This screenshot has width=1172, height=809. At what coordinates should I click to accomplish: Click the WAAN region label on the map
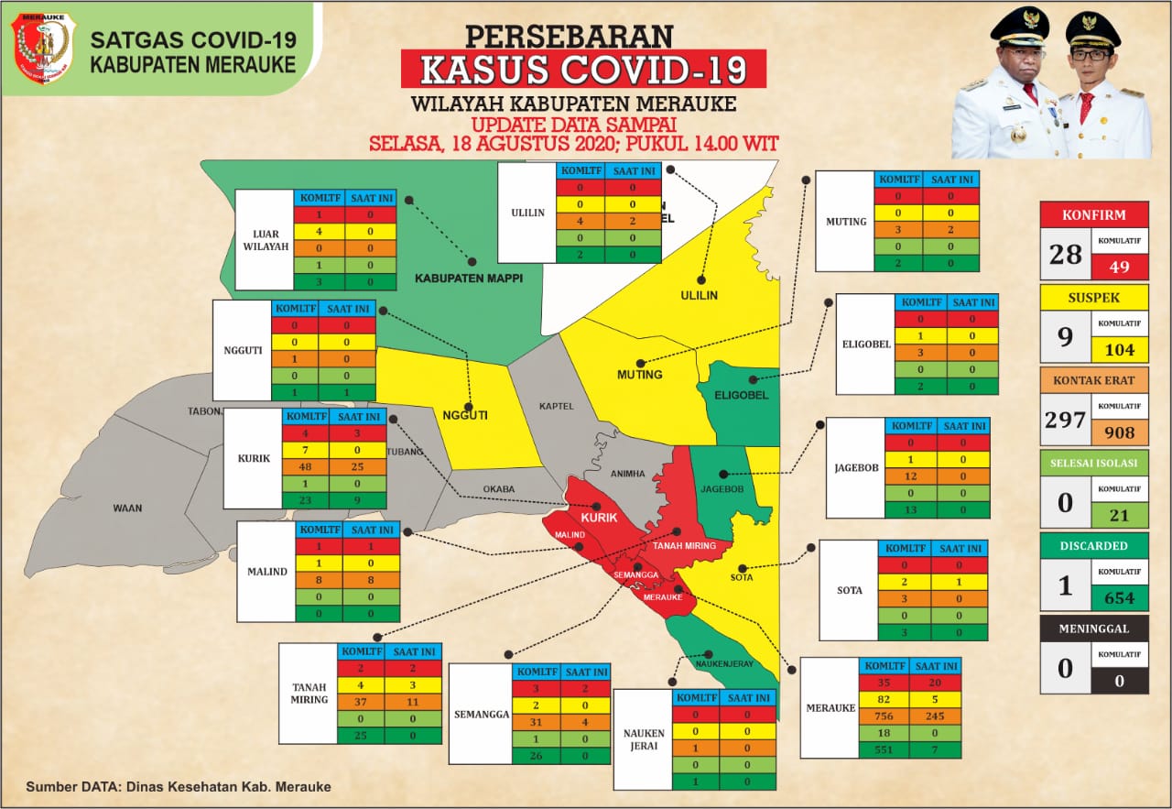[x=128, y=508]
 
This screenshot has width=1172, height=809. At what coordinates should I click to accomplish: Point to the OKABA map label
[x=500, y=488]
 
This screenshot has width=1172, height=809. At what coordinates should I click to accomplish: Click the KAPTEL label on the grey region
[x=556, y=405]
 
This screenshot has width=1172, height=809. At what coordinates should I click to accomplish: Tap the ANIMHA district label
[x=628, y=474]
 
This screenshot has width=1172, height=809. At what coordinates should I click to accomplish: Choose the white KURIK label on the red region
[x=599, y=518]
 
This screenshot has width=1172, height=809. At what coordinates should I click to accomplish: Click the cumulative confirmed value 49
[x=1119, y=266]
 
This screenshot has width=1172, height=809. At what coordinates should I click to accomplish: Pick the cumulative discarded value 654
[x=1119, y=598]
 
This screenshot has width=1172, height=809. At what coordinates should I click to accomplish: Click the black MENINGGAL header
[x=1094, y=629]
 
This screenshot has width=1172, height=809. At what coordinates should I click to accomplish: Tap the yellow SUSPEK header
[x=1094, y=298]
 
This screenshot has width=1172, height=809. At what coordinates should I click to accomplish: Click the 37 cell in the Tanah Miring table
[x=361, y=701]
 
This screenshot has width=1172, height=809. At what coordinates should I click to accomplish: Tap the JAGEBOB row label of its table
[x=856, y=467]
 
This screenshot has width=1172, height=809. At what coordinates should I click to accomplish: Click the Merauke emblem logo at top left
[x=41, y=49]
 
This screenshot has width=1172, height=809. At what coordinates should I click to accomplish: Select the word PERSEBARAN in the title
[x=569, y=35]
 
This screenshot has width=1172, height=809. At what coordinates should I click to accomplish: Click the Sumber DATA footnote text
[x=179, y=786]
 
